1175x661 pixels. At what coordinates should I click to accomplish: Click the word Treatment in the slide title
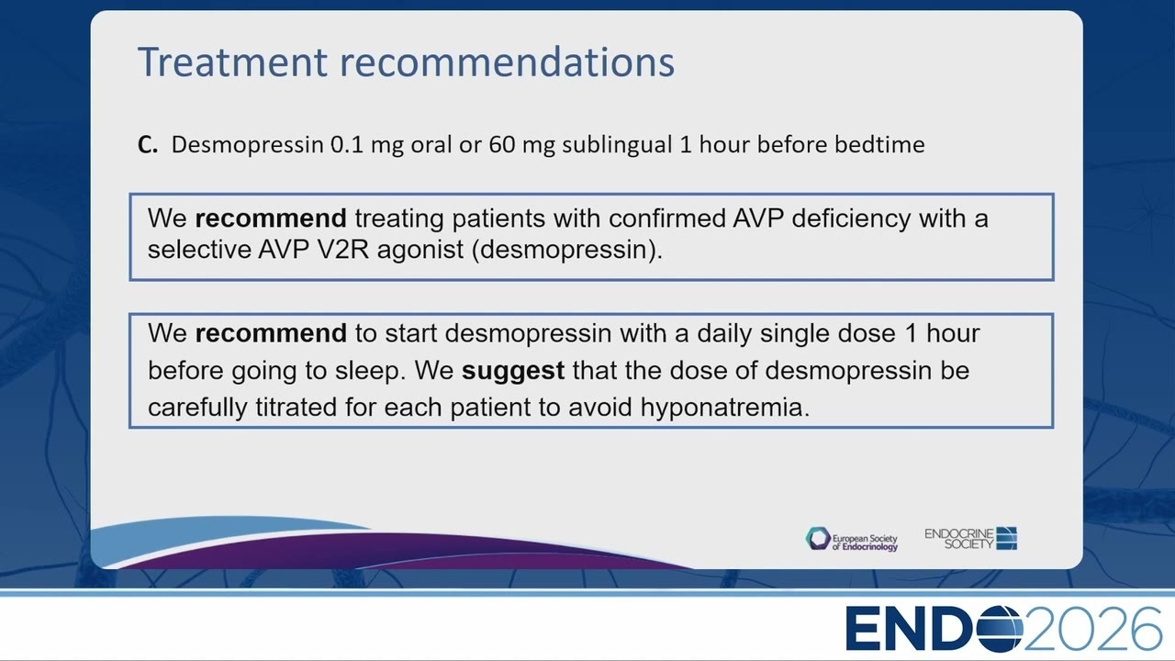click(x=232, y=62)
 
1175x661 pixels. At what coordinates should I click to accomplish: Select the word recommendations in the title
click(x=508, y=62)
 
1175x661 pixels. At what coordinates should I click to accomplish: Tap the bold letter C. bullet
click(x=148, y=145)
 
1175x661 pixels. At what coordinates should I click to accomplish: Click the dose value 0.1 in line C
click(x=347, y=145)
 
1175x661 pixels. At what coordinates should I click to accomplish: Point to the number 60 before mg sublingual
click(x=502, y=145)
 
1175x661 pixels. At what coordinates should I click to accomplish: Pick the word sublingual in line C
click(x=617, y=145)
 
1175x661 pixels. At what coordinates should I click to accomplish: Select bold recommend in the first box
click(x=271, y=218)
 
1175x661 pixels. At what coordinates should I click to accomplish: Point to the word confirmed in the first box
click(x=666, y=218)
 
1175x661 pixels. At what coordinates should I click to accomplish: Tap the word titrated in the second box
click(x=296, y=407)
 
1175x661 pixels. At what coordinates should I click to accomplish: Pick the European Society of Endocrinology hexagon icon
click(x=818, y=539)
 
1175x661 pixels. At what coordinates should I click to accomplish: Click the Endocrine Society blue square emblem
click(x=1007, y=538)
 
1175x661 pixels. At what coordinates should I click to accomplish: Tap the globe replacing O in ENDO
click(x=1001, y=629)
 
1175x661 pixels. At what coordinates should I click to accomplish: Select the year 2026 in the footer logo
click(x=1093, y=629)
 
